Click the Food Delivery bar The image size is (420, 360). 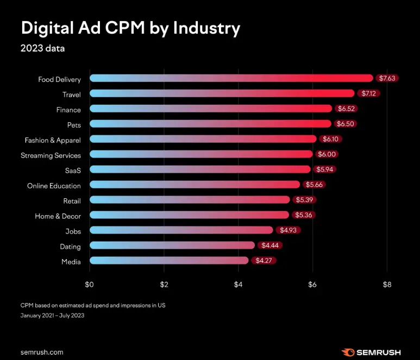click(x=231, y=78)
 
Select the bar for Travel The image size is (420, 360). click(x=222, y=93)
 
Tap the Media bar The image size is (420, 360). click(x=168, y=261)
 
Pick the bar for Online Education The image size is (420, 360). click(x=195, y=185)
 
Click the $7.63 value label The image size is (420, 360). click(x=387, y=78)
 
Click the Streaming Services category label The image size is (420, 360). click(x=51, y=155)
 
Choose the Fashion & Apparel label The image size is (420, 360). click(x=53, y=140)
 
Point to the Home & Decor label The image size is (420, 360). click(x=58, y=216)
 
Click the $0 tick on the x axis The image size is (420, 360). click(x=90, y=284)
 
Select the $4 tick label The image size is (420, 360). click(x=238, y=284)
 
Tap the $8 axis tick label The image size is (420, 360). click(x=387, y=284)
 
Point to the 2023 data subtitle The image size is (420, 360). click(x=42, y=48)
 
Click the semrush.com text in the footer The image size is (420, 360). click(x=42, y=352)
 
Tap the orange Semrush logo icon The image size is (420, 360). click(x=348, y=352)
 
